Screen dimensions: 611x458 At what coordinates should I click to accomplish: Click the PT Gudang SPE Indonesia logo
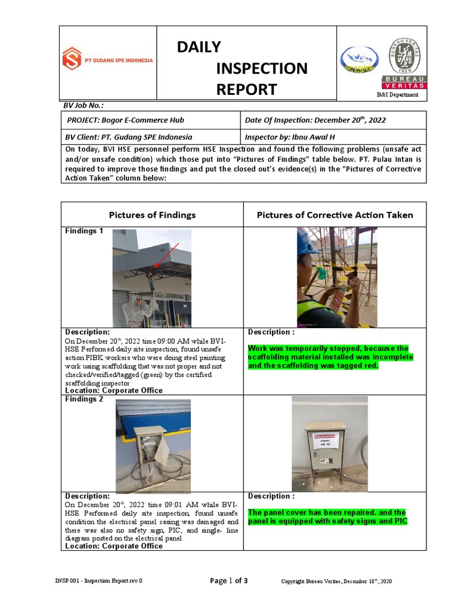pos(108,59)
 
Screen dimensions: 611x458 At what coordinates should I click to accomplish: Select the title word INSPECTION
pos(262,68)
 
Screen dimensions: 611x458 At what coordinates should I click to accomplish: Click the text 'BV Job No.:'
pos(83,106)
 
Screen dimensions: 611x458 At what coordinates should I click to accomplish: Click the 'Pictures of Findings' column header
pos(152,215)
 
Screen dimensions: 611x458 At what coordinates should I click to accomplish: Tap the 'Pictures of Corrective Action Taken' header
pos(335,215)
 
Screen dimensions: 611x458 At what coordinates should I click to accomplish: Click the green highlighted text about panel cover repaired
pos(327,517)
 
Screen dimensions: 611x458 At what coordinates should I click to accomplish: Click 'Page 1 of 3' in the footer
pos(230,581)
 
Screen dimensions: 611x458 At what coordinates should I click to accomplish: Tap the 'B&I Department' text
pos(397,95)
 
